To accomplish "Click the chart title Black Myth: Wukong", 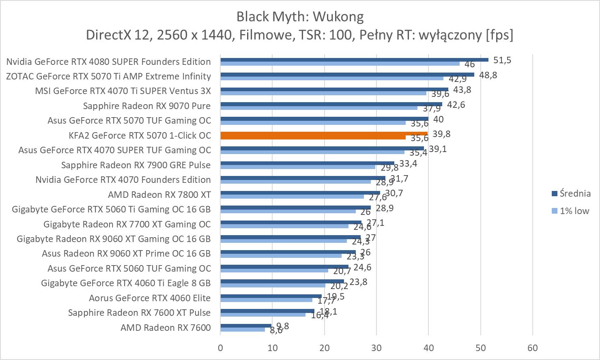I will pos(300,16).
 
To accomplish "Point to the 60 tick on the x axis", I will pos(532,348).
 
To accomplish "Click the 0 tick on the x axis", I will pos(220,348).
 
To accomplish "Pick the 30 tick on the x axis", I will pos(376,348).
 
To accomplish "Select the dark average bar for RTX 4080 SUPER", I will pos(354,60).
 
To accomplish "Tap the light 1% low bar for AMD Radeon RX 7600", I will pos(243,330).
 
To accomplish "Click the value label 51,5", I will pos(502,60).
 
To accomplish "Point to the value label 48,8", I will pos(488,75).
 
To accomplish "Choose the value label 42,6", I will pos(456,105).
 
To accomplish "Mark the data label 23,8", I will pos(358,282).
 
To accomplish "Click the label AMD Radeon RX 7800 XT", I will pos(159,195).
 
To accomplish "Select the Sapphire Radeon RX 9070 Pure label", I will pos(147,106).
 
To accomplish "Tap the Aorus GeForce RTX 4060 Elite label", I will pos(150,298).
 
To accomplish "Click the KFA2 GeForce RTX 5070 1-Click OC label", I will pos(140,135).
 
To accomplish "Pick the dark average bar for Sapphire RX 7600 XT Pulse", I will pos(267,311).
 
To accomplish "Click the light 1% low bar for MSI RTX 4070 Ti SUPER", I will pos(323,93).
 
